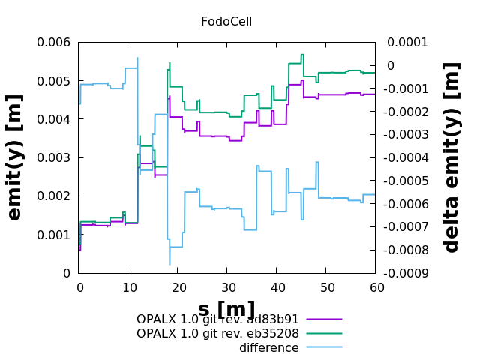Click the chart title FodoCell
pos(226,22)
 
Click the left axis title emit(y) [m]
pos(15,157)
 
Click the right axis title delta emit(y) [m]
pos(451,157)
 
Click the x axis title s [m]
pos(226,309)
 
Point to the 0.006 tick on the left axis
pos(53,43)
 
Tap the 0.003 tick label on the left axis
pos(53,158)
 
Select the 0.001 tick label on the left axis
pos(53,235)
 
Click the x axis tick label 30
pos(226,288)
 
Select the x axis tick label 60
pos(376,288)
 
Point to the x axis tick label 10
pos(127,288)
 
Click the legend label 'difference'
pos(268,348)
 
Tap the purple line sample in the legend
pos(324,319)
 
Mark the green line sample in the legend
pos(324,333)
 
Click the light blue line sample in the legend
pos(324,347)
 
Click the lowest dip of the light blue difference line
pos(169,263)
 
